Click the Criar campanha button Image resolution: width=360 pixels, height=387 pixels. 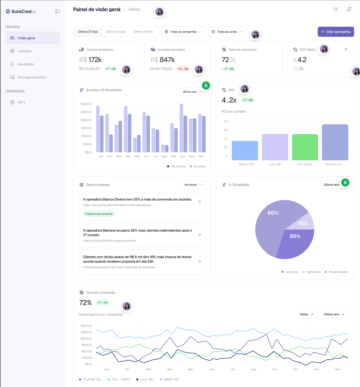[x=335, y=32]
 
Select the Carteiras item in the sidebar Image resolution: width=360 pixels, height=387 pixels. [x=25, y=51]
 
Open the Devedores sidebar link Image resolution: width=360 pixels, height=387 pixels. [x=26, y=64]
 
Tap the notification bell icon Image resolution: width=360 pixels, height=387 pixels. [x=349, y=9]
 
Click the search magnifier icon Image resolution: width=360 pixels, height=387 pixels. [x=336, y=9]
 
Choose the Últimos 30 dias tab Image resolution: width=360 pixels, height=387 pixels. [x=116, y=32]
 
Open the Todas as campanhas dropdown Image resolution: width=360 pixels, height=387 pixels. [x=183, y=32]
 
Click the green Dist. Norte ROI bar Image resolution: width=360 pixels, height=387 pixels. [x=305, y=147]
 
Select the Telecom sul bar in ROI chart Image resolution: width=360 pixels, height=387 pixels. [x=335, y=142]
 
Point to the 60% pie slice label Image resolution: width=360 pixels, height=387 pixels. [x=273, y=213]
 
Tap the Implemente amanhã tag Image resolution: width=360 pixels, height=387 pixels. [x=99, y=214]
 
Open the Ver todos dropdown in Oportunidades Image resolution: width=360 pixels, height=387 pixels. [x=193, y=185]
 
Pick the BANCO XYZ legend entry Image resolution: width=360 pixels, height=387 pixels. [x=169, y=379]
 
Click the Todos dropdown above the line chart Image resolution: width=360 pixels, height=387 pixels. [x=306, y=314]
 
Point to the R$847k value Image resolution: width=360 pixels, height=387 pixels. [x=163, y=60]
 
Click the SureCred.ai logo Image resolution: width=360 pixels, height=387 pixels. [x=21, y=11]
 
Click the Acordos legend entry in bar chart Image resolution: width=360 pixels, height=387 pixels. [x=197, y=166]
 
